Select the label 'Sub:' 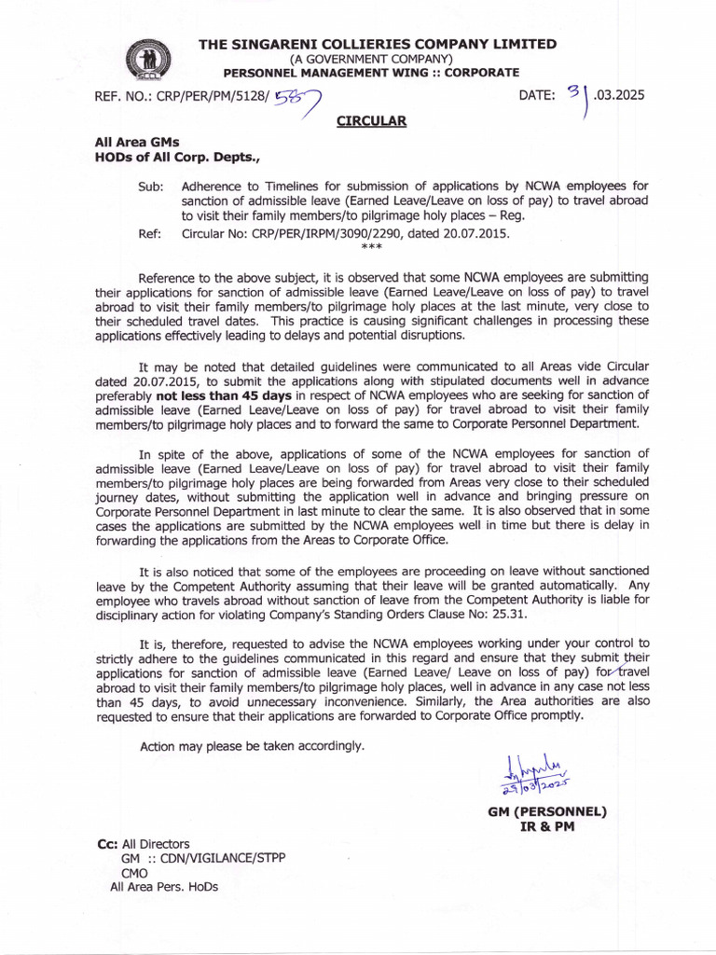(150, 187)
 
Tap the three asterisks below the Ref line (371, 248)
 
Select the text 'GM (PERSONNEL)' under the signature (547, 811)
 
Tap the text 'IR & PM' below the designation (547, 827)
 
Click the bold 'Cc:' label (107, 843)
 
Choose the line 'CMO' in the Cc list (136, 873)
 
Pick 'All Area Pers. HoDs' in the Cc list (164, 887)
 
